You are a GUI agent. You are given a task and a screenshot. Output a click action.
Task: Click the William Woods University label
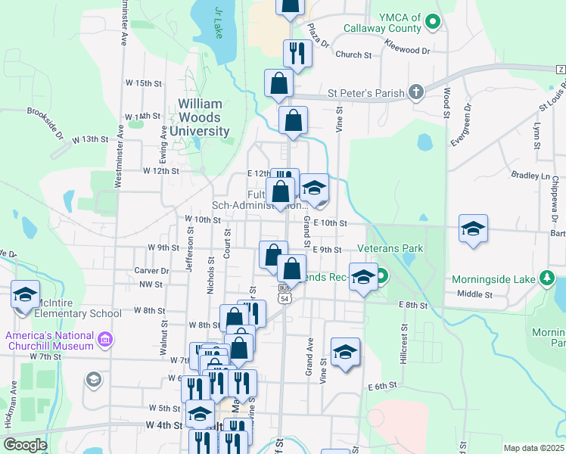pos(200,117)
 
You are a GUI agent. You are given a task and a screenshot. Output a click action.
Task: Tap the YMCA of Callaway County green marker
pos(434,22)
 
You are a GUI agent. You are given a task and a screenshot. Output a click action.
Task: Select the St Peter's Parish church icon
pos(415,93)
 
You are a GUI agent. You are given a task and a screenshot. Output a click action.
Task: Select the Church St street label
pos(353,54)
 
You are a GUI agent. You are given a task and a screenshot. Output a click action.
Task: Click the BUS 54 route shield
pos(284,294)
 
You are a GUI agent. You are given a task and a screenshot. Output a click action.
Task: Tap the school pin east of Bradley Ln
pos(473,229)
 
